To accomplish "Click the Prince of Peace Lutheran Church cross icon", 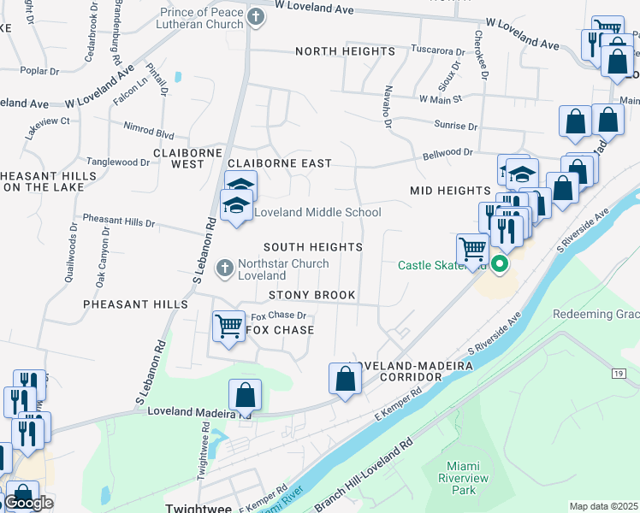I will [254, 17].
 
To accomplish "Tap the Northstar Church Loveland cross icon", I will [225, 269].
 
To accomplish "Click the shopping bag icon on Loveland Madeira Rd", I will [245, 394].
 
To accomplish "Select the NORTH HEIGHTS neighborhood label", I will [344, 52].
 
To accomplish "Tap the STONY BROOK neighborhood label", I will [311, 295].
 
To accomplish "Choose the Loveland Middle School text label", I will [317, 212].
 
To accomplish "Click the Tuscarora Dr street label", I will [437, 50].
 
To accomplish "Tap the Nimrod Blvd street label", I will [148, 135].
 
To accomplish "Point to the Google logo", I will [28, 503].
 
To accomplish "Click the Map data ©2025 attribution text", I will [603, 506].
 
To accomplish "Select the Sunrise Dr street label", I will [455, 126].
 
